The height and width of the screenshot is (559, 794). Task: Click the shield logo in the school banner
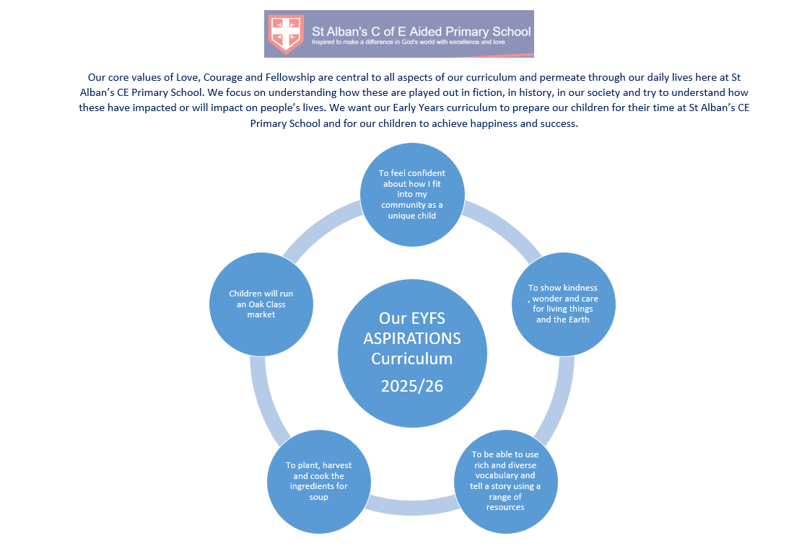click(287, 33)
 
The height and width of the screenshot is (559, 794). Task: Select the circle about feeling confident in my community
click(411, 193)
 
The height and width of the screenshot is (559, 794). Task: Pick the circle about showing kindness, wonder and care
click(563, 304)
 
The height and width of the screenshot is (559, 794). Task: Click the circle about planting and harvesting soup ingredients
click(318, 480)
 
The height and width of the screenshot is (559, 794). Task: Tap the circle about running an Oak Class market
click(261, 304)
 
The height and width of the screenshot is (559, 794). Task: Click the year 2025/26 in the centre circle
click(411, 386)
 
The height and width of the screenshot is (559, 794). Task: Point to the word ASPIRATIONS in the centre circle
click(412, 338)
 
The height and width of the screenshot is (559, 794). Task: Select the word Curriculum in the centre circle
click(411, 358)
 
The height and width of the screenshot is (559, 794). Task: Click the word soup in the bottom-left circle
click(318, 497)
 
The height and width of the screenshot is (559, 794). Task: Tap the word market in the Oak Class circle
click(261, 314)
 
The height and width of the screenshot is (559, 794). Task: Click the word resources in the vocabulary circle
click(505, 507)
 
